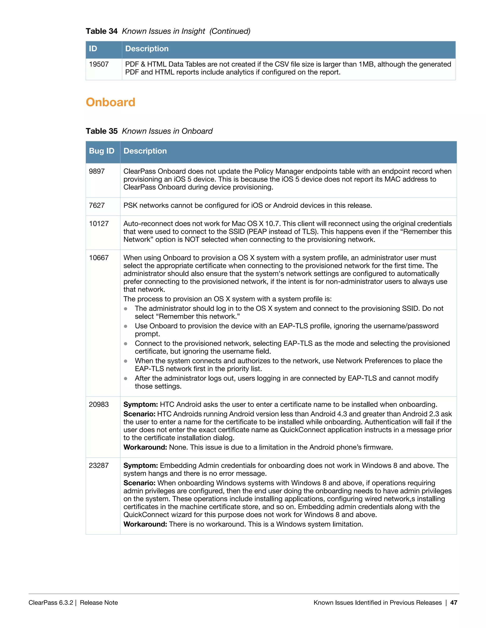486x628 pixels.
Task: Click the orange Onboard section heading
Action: pos(111,102)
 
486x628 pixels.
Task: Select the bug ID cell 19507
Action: pos(99,64)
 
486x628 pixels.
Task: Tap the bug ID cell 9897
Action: pos(97,171)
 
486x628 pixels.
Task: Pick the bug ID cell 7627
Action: pos(97,205)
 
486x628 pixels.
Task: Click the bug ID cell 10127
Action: pos(99,224)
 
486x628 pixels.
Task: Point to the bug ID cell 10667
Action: pos(99,258)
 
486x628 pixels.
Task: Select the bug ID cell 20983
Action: pos(99,404)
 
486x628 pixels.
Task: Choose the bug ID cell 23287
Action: pos(99,465)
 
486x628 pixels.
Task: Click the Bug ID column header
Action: pos(102,151)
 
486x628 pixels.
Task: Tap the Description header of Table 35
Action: pos(145,151)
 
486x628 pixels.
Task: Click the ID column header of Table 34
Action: pos(93,49)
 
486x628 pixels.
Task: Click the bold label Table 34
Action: pos(102,31)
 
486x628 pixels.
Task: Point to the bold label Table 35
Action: pos(102,131)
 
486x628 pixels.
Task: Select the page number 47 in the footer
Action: pos(453,602)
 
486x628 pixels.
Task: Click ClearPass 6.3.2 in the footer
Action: pos(51,602)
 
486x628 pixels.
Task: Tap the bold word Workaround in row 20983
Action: pos(145,447)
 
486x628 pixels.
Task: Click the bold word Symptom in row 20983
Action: pos(140,404)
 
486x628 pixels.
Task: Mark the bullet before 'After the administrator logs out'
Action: pos(126,378)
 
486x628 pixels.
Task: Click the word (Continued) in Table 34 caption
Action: pos(230,31)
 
